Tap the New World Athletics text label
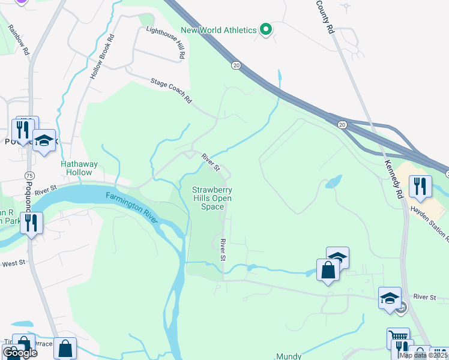click(218, 30)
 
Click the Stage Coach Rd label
click(171, 89)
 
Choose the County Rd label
click(325, 16)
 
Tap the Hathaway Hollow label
click(76, 168)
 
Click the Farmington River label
click(132, 206)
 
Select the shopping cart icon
click(397, 338)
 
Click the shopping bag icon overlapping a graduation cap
click(328, 270)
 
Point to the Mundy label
click(289, 356)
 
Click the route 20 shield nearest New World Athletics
click(236, 65)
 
